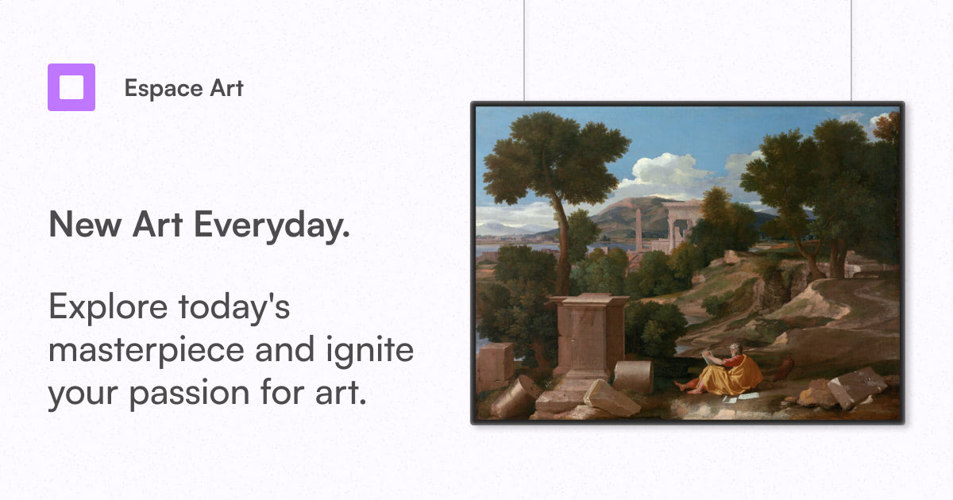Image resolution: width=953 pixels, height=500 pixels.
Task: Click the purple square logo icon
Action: pos(71,87)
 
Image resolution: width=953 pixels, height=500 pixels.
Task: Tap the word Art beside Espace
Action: pos(227,88)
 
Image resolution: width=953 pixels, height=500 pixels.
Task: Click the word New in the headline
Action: pos(85,225)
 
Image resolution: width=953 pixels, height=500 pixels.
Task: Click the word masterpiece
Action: pos(146,351)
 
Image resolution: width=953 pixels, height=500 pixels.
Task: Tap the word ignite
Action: pos(370,351)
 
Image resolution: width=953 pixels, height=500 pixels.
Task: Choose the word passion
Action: pos(190,394)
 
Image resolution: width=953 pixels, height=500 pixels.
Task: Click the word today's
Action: pos(234,306)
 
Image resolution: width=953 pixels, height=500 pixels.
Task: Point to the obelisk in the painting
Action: pos(639,229)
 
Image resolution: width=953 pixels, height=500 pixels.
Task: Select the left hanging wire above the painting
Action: pos(524,50)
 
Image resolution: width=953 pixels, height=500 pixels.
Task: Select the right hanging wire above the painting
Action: pos(851,50)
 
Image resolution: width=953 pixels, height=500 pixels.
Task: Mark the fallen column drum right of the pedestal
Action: pos(633,376)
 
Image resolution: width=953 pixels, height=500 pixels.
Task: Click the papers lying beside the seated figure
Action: pos(740,397)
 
